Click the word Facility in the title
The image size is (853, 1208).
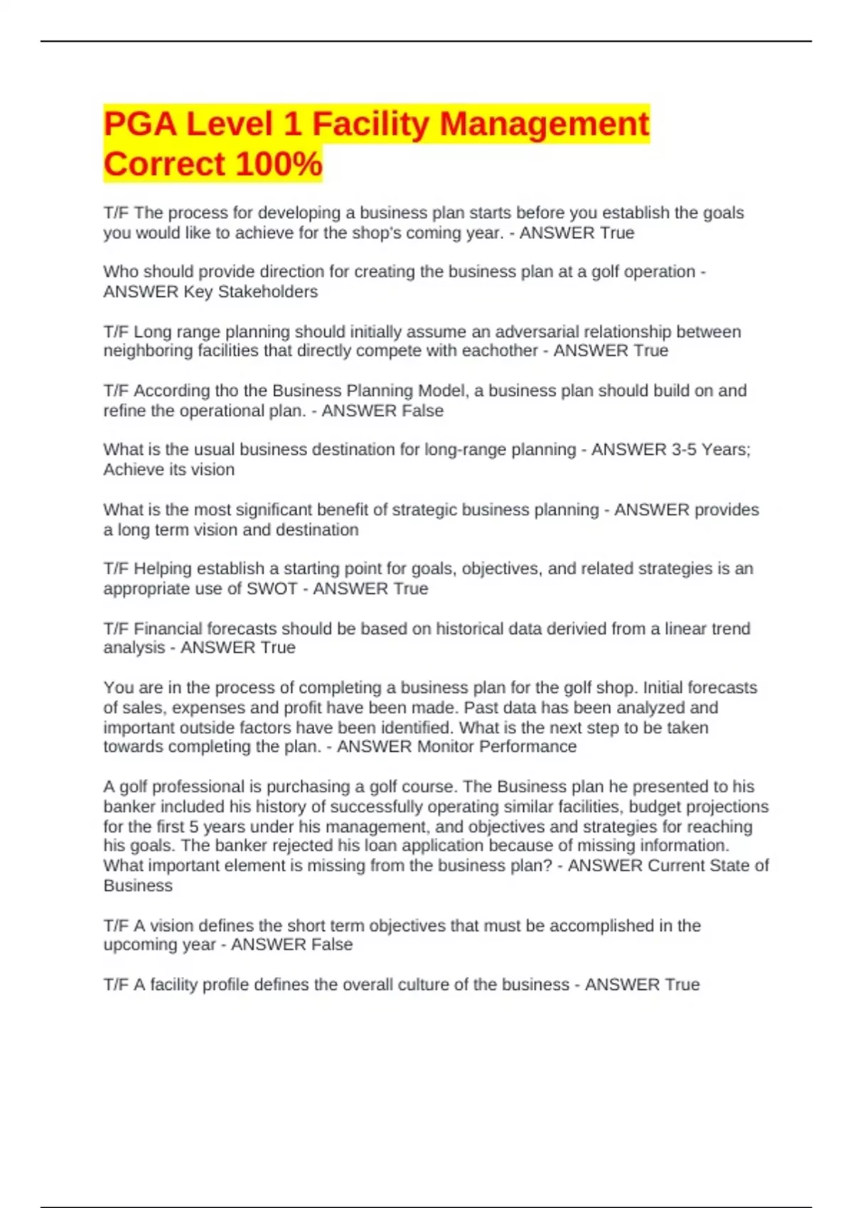click(x=371, y=124)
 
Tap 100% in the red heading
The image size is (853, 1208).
click(x=279, y=165)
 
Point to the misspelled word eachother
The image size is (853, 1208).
click(x=503, y=351)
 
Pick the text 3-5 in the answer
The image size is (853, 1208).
click(x=684, y=450)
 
